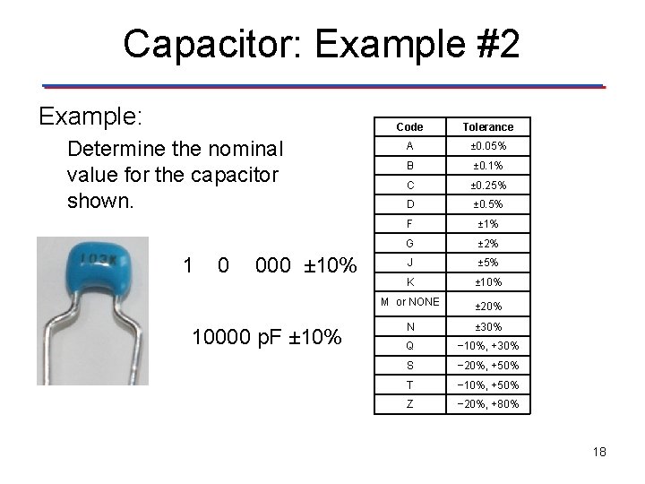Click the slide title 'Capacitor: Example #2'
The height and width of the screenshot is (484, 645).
click(321, 43)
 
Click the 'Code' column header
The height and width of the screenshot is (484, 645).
click(409, 127)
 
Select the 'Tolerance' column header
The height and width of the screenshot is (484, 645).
click(489, 127)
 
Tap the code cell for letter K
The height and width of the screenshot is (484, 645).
click(409, 281)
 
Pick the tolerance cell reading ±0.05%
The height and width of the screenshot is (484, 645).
click(489, 146)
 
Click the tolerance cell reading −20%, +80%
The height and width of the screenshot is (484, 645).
click(489, 404)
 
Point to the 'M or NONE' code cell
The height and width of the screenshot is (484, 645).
click(409, 302)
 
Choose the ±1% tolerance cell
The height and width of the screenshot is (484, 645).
click(489, 223)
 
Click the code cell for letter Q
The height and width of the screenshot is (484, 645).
click(409, 346)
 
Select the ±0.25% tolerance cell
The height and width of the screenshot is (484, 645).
click(489, 186)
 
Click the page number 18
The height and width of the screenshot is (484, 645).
click(598, 452)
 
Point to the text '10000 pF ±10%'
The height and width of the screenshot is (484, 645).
click(267, 338)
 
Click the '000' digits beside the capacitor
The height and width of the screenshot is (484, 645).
click(273, 265)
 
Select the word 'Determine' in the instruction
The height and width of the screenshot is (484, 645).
click(110, 147)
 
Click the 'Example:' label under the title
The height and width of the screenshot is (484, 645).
click(92, 117)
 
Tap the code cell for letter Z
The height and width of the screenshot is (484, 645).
click(409, 404)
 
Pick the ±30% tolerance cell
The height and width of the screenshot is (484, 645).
click(489, 327)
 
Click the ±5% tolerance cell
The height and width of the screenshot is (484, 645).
click(489, 263)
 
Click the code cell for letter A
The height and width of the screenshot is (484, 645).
click(409, 146)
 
